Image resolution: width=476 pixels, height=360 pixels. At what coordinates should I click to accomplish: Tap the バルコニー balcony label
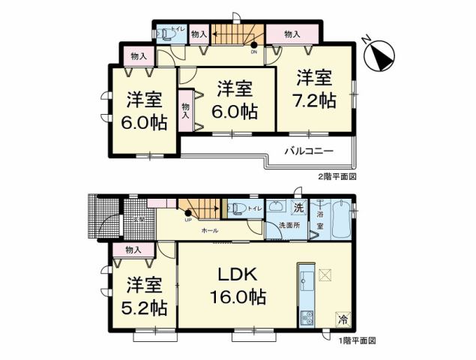(x=307, y=150)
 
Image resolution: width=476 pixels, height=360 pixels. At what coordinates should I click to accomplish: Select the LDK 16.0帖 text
(x=238, y=285)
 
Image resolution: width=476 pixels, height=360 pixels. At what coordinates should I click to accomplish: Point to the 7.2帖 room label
(x=314, y=89)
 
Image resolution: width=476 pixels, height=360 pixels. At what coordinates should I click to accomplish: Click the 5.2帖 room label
(x=144, y=295)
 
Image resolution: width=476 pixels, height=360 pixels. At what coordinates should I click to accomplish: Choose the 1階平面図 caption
(x=355, y=340)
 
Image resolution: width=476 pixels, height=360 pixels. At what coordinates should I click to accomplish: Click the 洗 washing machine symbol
(x=298, y=208)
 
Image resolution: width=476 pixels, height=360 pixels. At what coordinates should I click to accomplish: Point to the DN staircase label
(x=253, y=52)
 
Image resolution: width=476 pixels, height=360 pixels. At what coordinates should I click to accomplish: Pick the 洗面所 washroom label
(x=289, y=225)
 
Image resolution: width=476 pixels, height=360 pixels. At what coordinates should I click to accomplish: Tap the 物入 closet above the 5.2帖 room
(x=133, y=250)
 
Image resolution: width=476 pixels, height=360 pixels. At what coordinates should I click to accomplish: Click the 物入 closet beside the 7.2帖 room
(x=293, y=34)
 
